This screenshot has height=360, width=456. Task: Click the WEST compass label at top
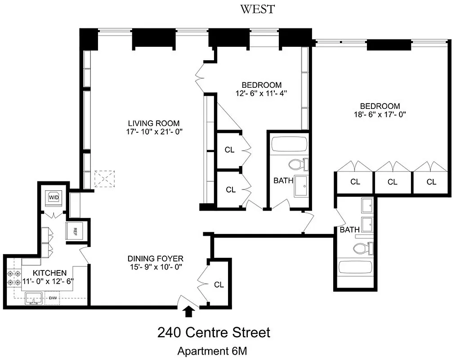click(257, 9)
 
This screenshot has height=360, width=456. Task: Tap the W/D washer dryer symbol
click(54, 197)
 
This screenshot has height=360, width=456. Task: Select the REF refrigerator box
click(75, 232)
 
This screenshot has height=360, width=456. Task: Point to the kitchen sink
click(32, 297)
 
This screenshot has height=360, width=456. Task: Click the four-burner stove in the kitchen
click(13, 278)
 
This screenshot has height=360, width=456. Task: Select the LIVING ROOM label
click(154, 123)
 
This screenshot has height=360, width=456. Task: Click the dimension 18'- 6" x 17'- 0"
click(380, 114)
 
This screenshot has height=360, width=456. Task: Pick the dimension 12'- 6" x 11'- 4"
click(262, 94)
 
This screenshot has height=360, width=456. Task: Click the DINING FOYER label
click(155, 258)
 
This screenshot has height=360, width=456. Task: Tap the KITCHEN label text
click(44, 273)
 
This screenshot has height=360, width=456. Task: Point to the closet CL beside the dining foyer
click(219, 284)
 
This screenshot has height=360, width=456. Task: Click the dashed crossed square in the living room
click(105, 179)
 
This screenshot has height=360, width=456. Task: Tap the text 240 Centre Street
click(214, 333)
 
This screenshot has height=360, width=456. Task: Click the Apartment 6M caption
click(213, 351)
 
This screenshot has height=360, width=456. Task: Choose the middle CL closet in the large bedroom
click(393, 182)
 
